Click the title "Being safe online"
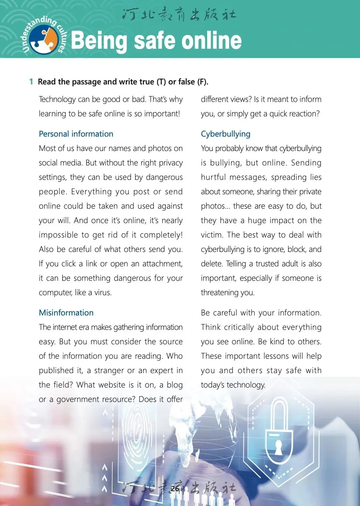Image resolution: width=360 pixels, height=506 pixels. [x=156, y=41]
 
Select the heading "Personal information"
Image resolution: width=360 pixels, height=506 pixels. [x=76, y=134]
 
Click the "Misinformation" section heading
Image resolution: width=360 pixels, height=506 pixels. [x=66, y=313]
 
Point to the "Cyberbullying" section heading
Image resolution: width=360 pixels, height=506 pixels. [x=226, y=134]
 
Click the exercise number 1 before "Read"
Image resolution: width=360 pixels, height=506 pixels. [x=31, y=82]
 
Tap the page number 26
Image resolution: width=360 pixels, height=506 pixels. [x=175, y=488]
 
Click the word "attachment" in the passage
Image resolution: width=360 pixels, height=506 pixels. [x=162, y=264]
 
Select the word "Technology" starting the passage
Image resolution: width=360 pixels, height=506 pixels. [x=57, y=99]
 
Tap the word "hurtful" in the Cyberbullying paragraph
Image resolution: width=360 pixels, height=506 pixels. [x=213, y=177]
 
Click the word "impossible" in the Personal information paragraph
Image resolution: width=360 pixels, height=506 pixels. [x=58, y=235]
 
